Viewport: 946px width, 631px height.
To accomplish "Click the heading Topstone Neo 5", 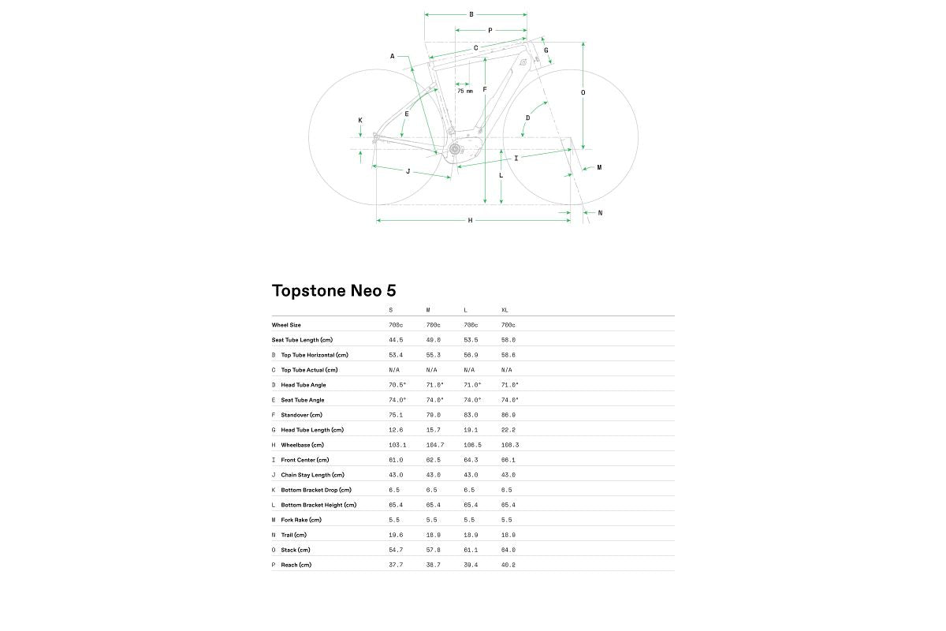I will tap(333, 290).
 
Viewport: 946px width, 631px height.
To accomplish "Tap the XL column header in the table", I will tap(505, 310).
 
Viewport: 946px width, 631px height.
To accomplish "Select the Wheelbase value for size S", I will tap(397, 445).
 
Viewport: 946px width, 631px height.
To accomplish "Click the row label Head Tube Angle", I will tap(304, 385).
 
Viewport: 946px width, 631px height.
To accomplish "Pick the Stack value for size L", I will tap(470, 550).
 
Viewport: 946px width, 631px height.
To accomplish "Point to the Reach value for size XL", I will tap(508, 565).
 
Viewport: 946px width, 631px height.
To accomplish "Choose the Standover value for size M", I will tap(433, 415).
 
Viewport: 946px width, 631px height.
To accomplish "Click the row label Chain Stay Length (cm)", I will tap(312, 475).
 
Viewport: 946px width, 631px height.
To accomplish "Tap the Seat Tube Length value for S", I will tap(396, 340).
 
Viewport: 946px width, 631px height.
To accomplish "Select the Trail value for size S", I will tap(396, 535).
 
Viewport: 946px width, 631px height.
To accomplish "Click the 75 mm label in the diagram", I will tap(465, 91).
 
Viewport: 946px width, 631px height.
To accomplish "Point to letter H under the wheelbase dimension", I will tap(471, 221).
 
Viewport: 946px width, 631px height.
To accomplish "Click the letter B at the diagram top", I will tap(471, 14).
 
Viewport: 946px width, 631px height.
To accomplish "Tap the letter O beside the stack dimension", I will tap(583, 92).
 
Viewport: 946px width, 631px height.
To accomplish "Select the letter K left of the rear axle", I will tap(360, 121).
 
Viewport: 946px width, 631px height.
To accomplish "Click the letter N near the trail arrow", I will tap(600, 213).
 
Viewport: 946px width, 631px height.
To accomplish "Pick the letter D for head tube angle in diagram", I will tap(528, 118).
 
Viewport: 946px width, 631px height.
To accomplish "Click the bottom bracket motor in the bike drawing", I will tap(455, 150).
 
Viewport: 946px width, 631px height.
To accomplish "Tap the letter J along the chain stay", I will tap(408, 171).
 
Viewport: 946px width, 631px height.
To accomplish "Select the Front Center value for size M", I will tap(433, 460).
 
